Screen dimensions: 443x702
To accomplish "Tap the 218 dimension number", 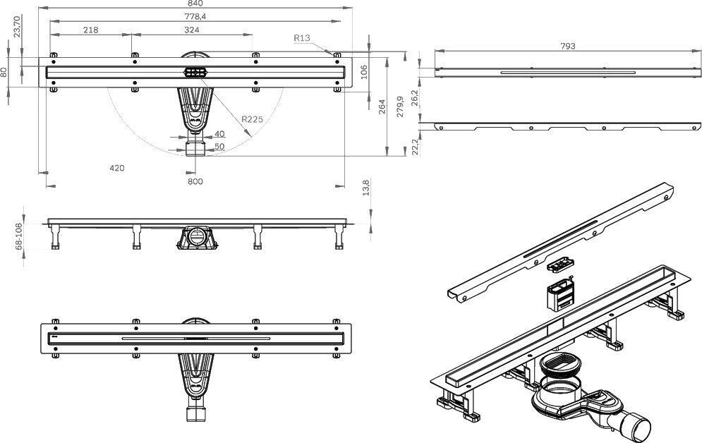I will (90, 30).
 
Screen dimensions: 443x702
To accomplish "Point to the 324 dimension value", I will (191, 30).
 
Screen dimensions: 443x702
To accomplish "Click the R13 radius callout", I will (303, 38).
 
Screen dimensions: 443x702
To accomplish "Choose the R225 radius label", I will (252, 120).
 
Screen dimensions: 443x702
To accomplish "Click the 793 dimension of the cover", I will (568, 46).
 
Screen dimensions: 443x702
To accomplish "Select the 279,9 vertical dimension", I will (400, 107).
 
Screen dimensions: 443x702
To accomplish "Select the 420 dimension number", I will (116, 168).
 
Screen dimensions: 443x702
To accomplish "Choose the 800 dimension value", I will (195, 181).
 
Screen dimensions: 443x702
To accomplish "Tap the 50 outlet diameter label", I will (220, 146).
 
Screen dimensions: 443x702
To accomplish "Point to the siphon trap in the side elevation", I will (198, 237).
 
